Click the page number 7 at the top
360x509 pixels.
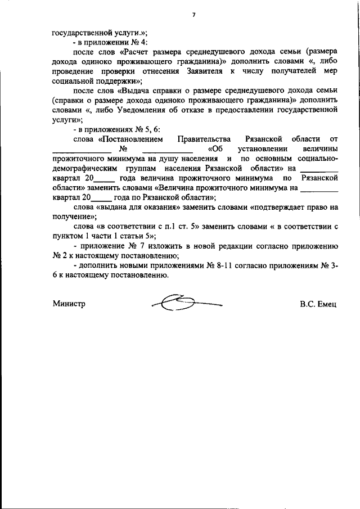click(193, 16)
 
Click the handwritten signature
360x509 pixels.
click(186, 304)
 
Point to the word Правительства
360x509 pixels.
click(204, 139)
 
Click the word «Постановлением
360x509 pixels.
click(130, 139)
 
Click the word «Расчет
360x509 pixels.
click(143, 51)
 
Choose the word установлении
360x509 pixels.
click(257, 149)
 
